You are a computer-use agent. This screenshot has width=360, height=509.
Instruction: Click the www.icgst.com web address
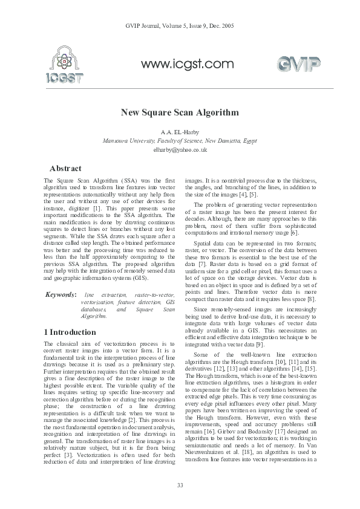pos(187,63)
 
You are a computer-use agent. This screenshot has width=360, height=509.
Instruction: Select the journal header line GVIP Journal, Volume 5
pos(179,27)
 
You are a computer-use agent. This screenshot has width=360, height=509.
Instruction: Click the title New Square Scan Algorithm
pos(180,112)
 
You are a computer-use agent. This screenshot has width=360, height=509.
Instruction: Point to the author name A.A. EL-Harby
pos(180,131)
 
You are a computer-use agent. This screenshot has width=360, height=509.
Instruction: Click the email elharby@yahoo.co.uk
pos(180,149)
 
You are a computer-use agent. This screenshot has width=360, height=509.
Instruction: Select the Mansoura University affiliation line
pos(180,140)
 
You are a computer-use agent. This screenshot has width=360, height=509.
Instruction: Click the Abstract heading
pos(65,168)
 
